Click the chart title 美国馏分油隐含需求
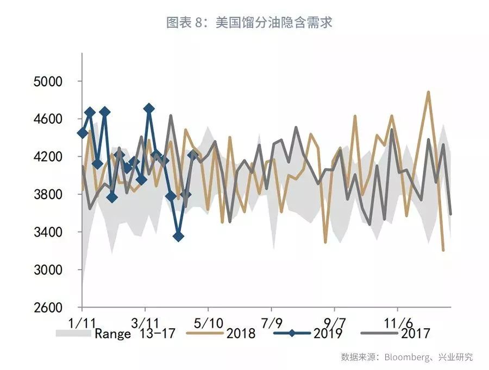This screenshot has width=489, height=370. [x=249, y=23]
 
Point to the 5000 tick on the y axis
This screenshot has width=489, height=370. [x=49, y=81]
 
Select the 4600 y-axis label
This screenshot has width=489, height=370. [x=49, y=119]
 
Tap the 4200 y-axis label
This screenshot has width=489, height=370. [x=49, y=157]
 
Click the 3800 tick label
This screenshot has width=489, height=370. [x=49, y=194]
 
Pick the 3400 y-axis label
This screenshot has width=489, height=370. [x=49, y=232]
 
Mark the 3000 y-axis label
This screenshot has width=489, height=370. [x=49, y=270]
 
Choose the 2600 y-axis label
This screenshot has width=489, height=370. [x=49, y=308]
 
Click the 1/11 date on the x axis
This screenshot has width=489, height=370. [x=82, y=322]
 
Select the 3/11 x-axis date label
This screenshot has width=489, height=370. [x=145, y=322]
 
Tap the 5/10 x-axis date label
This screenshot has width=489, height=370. [x=208, y=322]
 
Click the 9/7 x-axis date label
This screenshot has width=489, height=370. [x=335, y=322]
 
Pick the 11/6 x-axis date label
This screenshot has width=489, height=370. [x=398, y=322]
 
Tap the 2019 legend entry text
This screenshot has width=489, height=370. [x=328, y=333]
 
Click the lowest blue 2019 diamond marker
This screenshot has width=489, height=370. [x=178, y=237]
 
